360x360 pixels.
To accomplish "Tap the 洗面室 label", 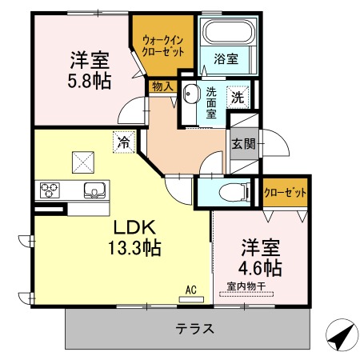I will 212,102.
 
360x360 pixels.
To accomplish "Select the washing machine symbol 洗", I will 238,98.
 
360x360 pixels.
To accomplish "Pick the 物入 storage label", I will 161,85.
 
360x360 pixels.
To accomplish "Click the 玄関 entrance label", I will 243,145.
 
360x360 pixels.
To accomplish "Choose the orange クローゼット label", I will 285,193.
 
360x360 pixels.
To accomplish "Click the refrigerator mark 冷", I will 124,142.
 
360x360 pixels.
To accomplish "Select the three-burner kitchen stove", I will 50,190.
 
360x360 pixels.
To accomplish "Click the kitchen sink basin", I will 94,191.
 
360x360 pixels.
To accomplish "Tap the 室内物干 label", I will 244,287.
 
